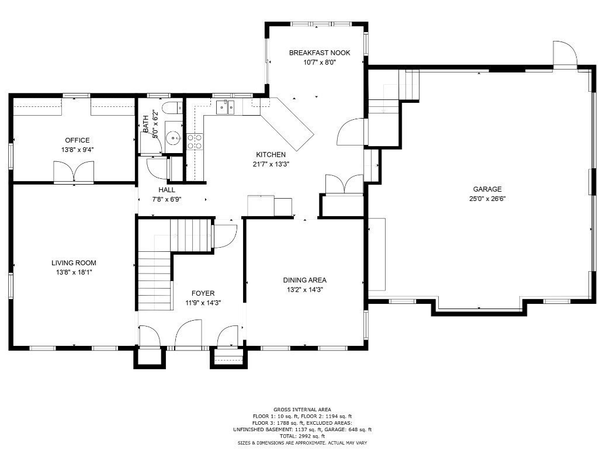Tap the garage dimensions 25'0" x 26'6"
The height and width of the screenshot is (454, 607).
pos(488,198)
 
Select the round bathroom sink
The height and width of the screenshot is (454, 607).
pos(174,137)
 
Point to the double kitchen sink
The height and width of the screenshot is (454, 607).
pos(225,106)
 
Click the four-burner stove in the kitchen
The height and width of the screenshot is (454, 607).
pos(195,141)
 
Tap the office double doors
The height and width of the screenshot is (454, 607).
pos(74,172)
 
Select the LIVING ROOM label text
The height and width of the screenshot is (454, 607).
pos(74,263)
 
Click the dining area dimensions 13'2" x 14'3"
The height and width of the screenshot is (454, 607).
pos(304,289)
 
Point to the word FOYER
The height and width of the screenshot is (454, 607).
pos(203,293)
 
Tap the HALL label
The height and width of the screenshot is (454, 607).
pos(167,190)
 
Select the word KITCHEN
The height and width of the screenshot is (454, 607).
pos(271,155)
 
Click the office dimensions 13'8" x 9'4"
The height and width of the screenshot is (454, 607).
pos(77,149)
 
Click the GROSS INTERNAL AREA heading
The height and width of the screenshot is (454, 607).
pos(302,409)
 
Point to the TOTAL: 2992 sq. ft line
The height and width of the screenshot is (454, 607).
pos(302,436)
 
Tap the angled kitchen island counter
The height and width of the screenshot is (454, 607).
pos(287,124)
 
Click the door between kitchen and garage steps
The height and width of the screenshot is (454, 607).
pos(352,131)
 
